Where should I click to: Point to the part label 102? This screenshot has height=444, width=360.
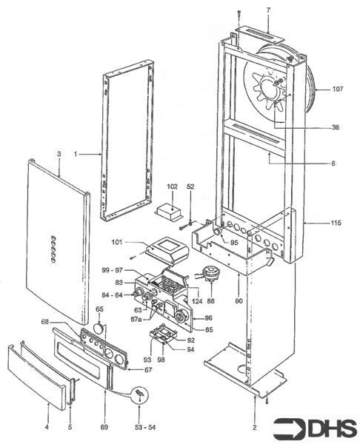pos(172,188)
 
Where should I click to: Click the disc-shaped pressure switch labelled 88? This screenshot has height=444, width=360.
pos(212,275)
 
